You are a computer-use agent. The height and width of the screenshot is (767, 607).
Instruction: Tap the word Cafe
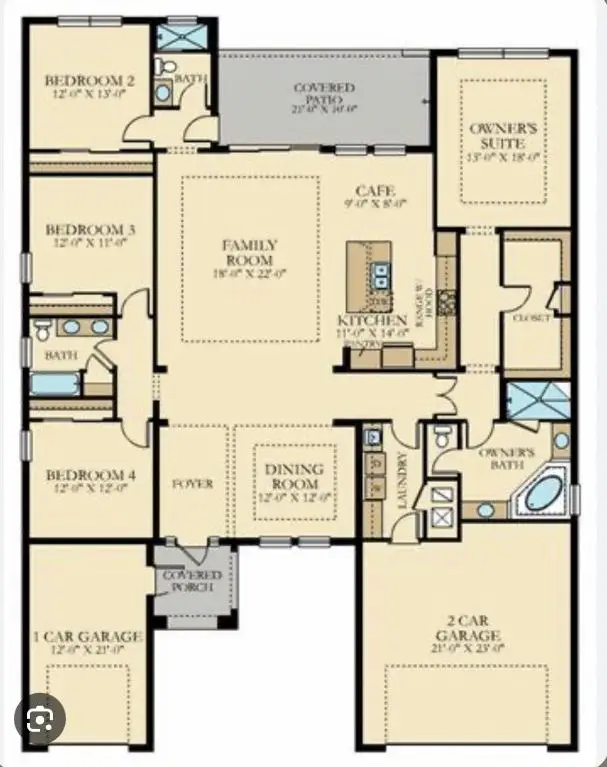pos(375,191)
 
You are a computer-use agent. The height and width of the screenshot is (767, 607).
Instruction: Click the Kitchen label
pos(371,321)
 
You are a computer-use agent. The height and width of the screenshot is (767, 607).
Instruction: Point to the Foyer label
pos(193,484)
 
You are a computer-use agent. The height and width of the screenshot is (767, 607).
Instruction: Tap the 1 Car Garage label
pos(88,636)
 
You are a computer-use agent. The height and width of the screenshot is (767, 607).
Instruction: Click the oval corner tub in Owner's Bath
pos(545,494)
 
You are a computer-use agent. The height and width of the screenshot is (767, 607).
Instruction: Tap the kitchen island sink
pos(381,272)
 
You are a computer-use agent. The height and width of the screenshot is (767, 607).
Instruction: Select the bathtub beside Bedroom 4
pos(55,383)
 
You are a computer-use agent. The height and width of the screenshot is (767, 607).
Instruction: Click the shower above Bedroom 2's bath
pos(182,37)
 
